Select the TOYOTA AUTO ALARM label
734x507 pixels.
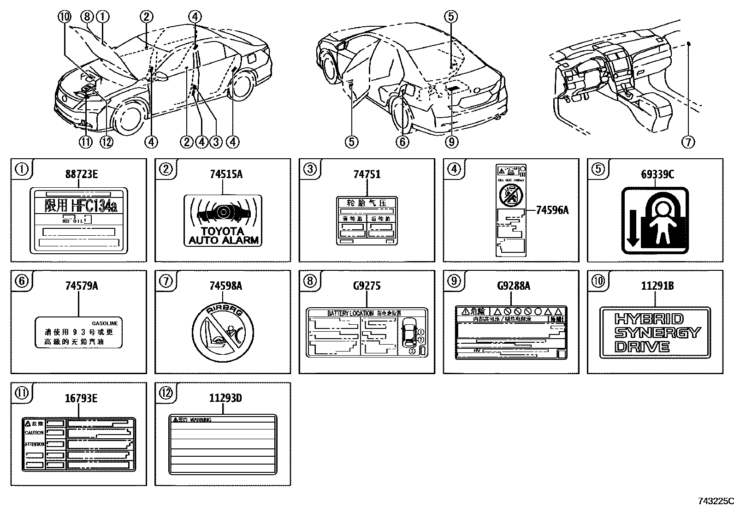(223, 220)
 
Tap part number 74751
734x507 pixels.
(367, 175)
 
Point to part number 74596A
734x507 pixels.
(552, 210)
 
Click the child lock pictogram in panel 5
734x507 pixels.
(655, 221)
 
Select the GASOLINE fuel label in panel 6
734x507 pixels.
(79, 332)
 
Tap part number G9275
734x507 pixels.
(367, 286)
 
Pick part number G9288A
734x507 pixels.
(514, 286)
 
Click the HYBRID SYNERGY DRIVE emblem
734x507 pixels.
(655, 333)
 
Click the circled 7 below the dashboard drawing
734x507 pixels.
(688, 142)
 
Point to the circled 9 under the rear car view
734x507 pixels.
(452, 142)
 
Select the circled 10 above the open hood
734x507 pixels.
(65, 17)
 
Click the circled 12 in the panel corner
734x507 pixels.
(166, 393)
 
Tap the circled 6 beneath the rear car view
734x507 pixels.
(402, 142)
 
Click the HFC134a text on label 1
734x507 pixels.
(81, 206)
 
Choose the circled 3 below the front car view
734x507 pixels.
(216, 142)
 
